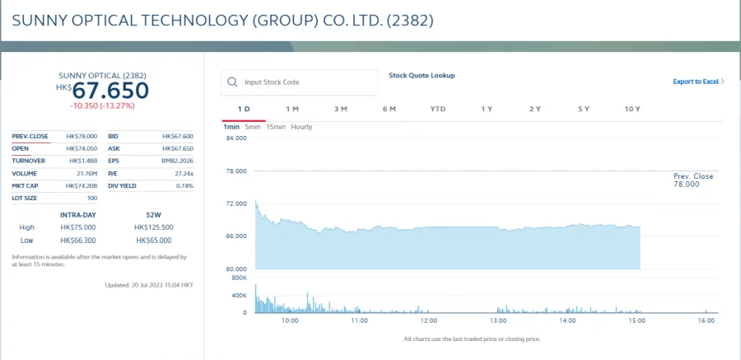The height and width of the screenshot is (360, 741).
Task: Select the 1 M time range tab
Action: (292, 109)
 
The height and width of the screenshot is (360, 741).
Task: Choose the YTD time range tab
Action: (438, 109)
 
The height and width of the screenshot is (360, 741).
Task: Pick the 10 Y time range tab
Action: (632, 109)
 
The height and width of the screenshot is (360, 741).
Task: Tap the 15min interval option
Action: (276, 127)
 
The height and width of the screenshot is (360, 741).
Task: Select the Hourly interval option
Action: (301, 127)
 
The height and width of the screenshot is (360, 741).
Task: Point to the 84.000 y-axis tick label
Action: (236, 138)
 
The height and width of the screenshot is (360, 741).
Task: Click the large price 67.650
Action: (111, 91)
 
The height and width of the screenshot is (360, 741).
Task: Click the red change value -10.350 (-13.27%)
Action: (102, 105)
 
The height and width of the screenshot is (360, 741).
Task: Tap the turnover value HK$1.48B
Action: (83, 161)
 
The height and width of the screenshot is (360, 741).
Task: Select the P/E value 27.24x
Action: (184, 173)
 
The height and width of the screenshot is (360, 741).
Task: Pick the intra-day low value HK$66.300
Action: (78, 241)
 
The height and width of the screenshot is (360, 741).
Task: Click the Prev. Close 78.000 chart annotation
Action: (693, 180)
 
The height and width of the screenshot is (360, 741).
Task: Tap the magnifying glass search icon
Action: (232, 82)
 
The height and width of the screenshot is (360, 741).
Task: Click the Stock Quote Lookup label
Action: (422, 76)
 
